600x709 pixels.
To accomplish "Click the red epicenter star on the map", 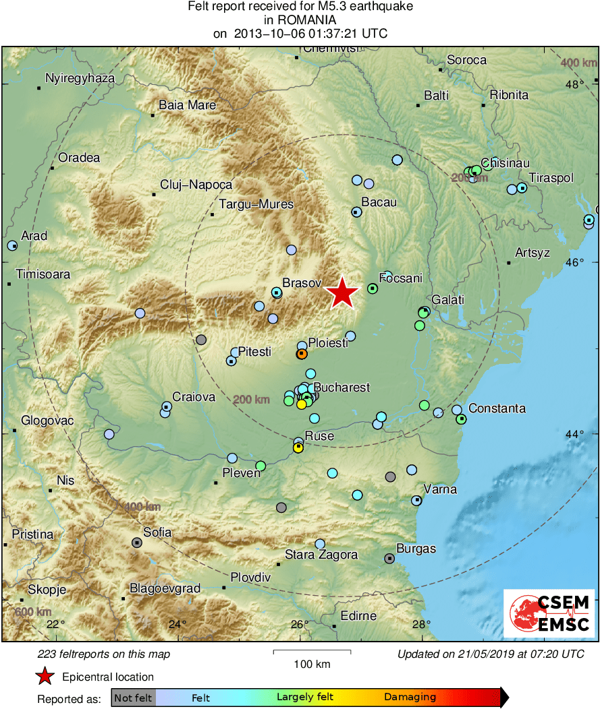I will [x=343, y=293].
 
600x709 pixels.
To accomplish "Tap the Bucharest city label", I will [x=342, y=388].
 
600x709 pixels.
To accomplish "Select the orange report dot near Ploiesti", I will [x=302, y=354].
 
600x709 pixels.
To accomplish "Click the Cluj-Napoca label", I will [x=196, y=185].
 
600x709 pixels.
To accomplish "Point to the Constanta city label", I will [x=497, y=408].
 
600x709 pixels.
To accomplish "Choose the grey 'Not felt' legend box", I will [x=134, y=698].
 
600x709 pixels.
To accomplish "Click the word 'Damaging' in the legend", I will [x=410, y=698].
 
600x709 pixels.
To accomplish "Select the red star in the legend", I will [x=45, y=677].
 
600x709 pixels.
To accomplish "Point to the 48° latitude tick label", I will [x=575, y=84].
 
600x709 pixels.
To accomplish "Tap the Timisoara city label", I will [x=43, y=274].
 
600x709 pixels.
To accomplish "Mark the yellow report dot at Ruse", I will [x=298, y=448].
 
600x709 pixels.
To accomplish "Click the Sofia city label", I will [x=157, y=532].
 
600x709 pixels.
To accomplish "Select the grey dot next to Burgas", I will [x=389, y=558].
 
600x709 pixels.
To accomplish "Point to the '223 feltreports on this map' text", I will [x=104, y=654].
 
